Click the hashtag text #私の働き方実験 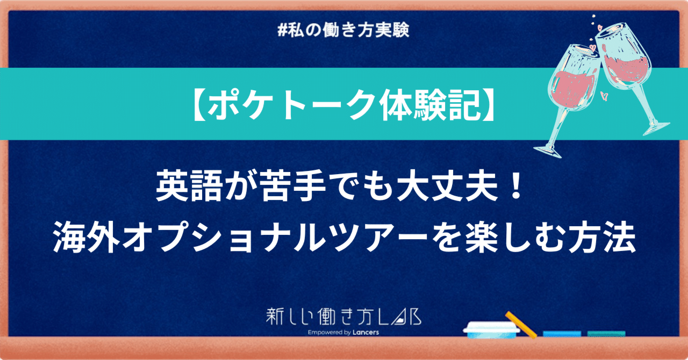(x=343, y=30)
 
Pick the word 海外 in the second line (x=87, y=237)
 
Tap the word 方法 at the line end (x=601, y=237)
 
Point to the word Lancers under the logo (x=365, y=333)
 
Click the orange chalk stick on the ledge (x=521, y=325)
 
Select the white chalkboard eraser (x=491, y=330)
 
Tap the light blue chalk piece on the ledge (x=562, y=334)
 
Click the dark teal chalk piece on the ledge (x=606, y=334)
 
